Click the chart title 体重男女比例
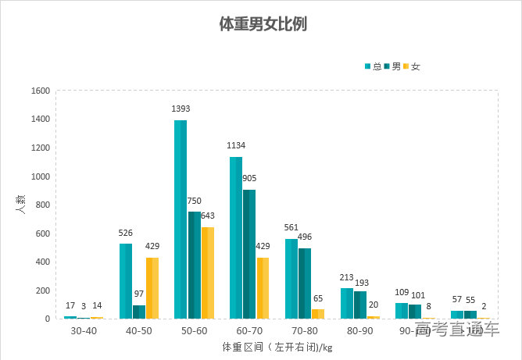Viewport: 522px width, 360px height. click(262, 24)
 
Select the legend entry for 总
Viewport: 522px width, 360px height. click(373, 66)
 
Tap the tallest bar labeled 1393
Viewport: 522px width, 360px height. click(181, 219)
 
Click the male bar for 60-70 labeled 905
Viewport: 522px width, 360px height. click(249, 254)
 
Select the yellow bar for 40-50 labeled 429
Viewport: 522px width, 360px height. click(152, 287)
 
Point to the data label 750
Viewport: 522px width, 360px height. click(194, 201)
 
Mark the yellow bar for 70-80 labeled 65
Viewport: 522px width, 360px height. click(318, 313)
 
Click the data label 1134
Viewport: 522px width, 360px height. click(235, 145)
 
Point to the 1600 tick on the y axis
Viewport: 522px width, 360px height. click(41, 91)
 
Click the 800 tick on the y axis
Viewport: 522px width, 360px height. click(43, 205)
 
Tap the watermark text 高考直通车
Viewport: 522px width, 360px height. click(456, 330)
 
